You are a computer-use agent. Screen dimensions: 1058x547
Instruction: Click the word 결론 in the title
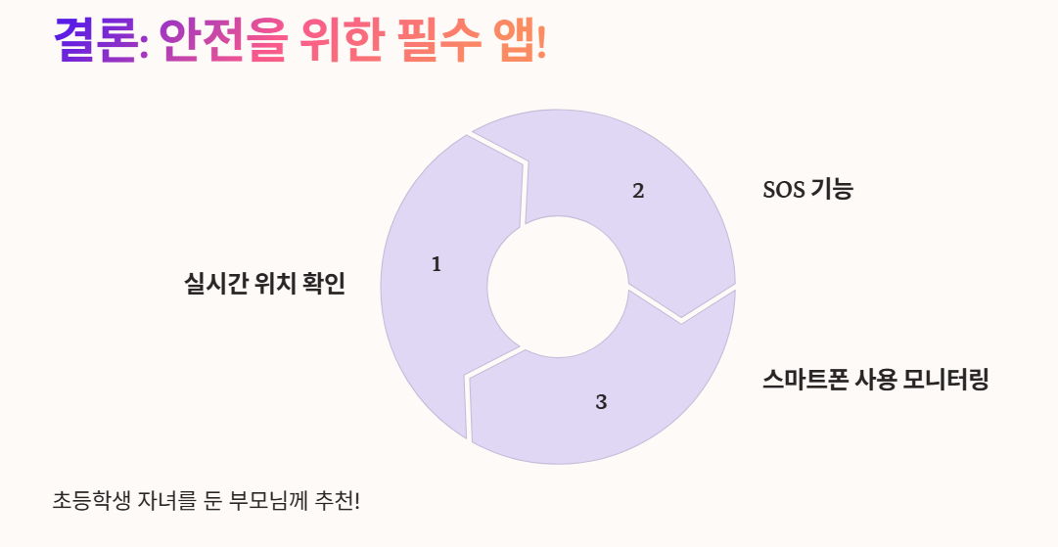pyautogui.click(x=95, y=42)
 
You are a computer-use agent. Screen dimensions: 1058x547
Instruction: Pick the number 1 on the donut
pyautogui.click(x=437, y=264)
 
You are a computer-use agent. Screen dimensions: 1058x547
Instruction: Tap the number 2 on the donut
pyautogui.click(x=638, y=191)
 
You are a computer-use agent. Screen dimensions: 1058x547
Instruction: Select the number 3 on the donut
pyautogui.click(x=601, y=401)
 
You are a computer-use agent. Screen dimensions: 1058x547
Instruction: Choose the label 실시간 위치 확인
pyautogui.click(x=264, y=284)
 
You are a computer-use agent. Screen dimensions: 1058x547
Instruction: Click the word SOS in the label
pyautogui.click(x=783, y=190)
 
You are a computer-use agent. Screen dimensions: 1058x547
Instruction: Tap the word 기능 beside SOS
pyautogui.click(x=832, y=190)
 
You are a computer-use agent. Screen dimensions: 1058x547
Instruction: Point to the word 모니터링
pyautogui.click(x=946, y=380)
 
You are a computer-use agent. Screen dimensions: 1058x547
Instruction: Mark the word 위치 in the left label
pyautogui.click(x=275, y=284)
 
